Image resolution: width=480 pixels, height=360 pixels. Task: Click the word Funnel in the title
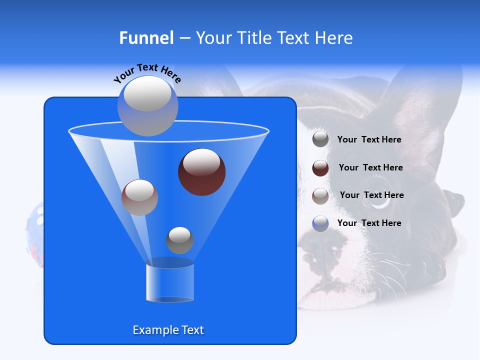point(146,37)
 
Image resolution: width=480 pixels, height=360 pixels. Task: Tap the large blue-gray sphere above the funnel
point(147,105)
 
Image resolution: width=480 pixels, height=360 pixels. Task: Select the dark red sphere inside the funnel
point(201,171)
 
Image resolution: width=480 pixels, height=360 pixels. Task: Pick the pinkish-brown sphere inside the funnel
point(139,197)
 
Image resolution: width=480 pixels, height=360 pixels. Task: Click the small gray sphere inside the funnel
point(179,240)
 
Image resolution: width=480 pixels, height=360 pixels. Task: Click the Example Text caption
point(168,330)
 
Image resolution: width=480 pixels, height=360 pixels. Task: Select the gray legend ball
point(320,139)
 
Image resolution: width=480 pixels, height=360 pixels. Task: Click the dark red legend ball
point(320,168)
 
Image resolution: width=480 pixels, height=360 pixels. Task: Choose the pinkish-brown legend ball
point(320,196)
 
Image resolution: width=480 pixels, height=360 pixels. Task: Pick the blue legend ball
point(320,223)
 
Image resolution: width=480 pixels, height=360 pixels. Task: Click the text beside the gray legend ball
point(369,140)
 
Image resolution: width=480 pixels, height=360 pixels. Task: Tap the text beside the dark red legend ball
point(370,168)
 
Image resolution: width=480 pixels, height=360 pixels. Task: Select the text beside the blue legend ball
point(369,223)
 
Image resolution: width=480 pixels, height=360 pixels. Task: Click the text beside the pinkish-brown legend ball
point(371,195)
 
